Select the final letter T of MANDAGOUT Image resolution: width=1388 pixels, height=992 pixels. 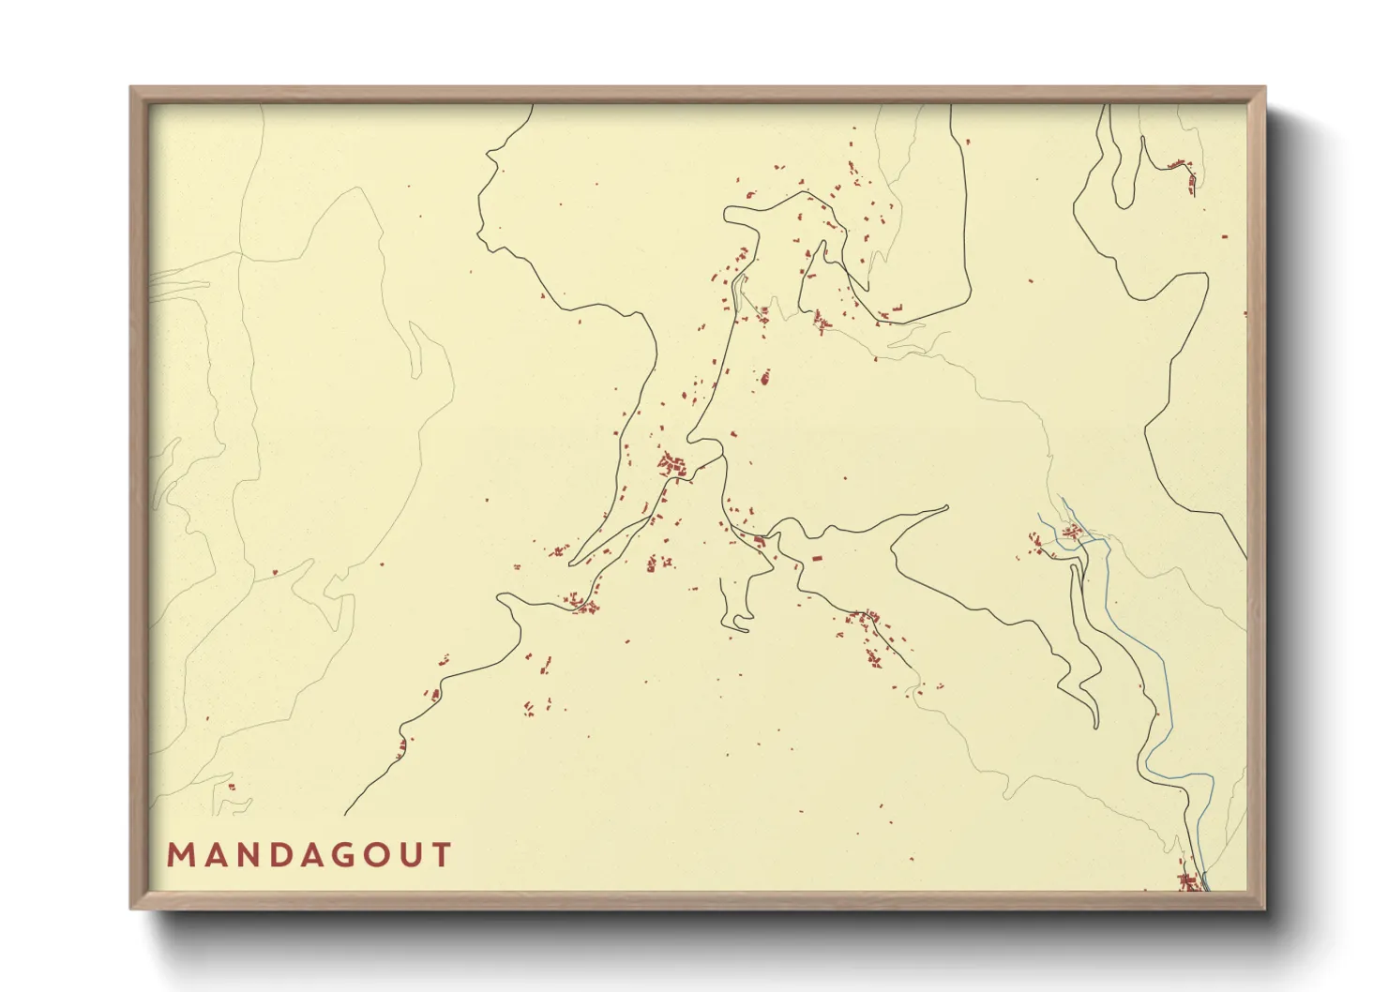441,855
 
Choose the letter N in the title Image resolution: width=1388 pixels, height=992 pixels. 242,855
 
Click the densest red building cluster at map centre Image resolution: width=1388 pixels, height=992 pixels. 671,463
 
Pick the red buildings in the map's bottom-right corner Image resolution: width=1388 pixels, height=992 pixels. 1189,881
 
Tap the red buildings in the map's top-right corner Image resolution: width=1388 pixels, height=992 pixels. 1184,172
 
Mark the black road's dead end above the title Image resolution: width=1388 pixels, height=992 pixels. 346,813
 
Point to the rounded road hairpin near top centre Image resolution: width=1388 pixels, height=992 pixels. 728,216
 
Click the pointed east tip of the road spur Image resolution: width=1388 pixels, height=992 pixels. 947,508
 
